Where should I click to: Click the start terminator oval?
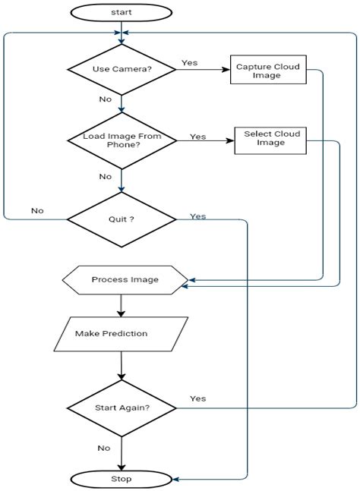(121, 11)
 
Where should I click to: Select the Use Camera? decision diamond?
(121, 70)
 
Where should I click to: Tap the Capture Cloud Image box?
(268, 71)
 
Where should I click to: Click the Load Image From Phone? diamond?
(121, 141)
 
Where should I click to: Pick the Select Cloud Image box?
(272, 139)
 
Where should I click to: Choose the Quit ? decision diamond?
(121, 219)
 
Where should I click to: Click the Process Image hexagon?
(125, 279)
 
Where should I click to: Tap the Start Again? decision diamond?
(121, 408)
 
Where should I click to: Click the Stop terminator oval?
(121, 479)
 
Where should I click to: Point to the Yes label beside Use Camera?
(190, 62)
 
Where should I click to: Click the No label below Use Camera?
(106, 99)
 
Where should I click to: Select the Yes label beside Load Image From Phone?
(197, 137)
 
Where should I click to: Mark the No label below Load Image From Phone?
(105, 176)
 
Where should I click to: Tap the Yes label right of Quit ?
(197, 216)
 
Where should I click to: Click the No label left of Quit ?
(36, 210)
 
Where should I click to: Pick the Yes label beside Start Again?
(197, 398)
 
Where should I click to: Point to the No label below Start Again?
(103, 448)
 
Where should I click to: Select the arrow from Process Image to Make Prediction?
(121, 305)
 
